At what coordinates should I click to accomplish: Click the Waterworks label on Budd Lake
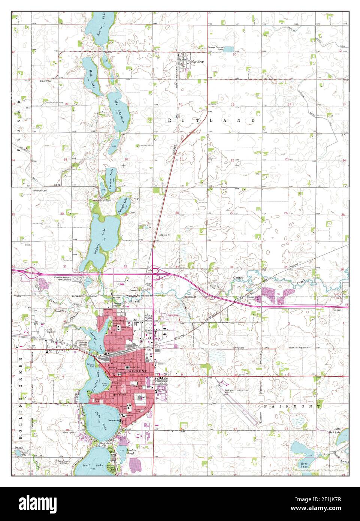(x=114, y=421)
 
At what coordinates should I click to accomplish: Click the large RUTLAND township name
(x=211, y=121)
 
